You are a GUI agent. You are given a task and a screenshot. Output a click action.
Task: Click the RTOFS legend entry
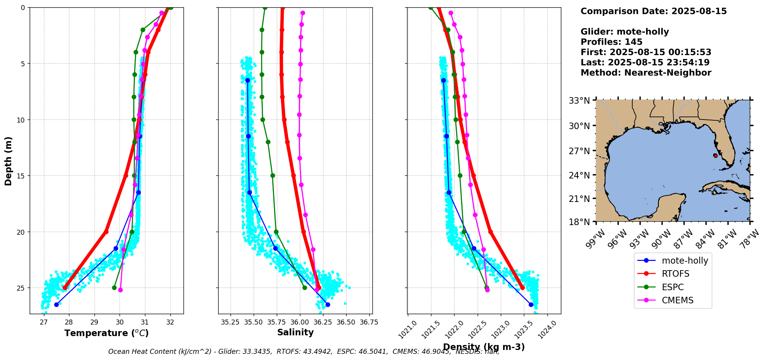tap(675, 274)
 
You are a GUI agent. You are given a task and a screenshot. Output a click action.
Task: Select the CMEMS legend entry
tap(677, 300)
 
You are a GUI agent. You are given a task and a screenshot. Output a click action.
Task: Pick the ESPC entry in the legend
tap(672, 287)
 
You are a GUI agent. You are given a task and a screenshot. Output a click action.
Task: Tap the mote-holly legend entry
tap(685, 261)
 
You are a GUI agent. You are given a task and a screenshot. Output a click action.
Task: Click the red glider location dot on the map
tap(715, 156)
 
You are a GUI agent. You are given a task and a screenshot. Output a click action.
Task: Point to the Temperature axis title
tap(106, 333)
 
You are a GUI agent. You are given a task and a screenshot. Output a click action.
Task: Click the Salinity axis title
tap(295, 332)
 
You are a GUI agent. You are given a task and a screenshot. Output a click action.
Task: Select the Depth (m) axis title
tap(8, 161)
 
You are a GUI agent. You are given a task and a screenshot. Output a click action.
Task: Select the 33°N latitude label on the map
tap(579, 101)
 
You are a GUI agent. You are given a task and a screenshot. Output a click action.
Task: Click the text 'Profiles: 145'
tap(611, 42)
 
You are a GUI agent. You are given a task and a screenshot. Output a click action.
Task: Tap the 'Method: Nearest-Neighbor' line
tap(646, 72)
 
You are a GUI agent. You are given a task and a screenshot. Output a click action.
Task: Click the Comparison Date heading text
tap(653, 11)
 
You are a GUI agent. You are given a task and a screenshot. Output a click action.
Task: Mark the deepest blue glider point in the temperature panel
tap(57, 304)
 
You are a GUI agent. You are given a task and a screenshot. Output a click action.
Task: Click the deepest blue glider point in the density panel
tap(531, 304)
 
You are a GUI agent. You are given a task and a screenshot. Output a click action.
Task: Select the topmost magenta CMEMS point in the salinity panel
tap(303, 13)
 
